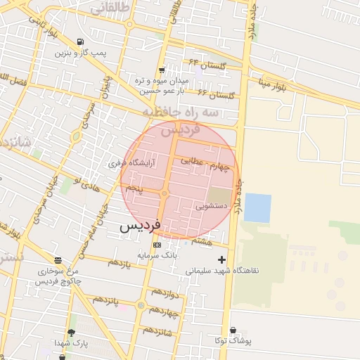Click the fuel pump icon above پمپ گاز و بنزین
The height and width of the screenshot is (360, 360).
pyautogui.click(x=81, y=41)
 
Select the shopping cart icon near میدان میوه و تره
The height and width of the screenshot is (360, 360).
pyautogui.click(x=162, y=70)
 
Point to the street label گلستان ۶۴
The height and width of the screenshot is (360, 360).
pyautogui.click(x=203, y=64)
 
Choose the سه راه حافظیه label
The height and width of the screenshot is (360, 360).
pyautogui.click(x=181, y=112)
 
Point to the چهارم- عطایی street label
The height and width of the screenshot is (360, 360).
pyautogui.click(x=205, y=162)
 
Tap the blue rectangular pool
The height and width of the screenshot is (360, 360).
pyautogui.click(x=257, y=208)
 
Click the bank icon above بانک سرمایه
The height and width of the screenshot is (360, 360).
pyautogui.click(x=157, y=245)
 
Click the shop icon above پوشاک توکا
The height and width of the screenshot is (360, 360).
pyautogui.click(x=233, y=330)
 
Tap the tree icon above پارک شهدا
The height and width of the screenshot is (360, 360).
pyautogui.click(x=71, y=332)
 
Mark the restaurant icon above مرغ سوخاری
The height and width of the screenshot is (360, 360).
pyautogui.click(x=57, y=259)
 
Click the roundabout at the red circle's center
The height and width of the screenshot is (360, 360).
pyautogui.click(x=164, y=193)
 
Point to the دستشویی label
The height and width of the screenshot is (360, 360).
pyautogui.click(x=210, y=207)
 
